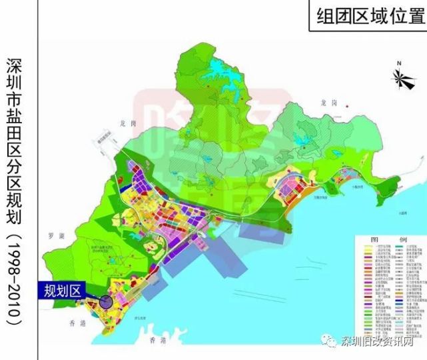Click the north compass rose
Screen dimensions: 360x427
tap(401, 79)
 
